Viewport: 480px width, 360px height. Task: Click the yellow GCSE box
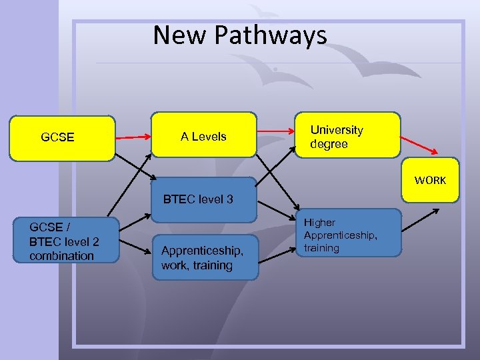coord(62,138)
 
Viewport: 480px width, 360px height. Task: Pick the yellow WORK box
coord(430,179)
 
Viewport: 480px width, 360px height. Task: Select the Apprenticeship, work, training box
coord(204,257)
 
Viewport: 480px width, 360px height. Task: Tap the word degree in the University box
coord(329,144)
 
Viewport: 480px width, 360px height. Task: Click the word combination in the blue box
coord(62,256)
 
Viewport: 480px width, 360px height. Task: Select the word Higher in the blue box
coord(320,222)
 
